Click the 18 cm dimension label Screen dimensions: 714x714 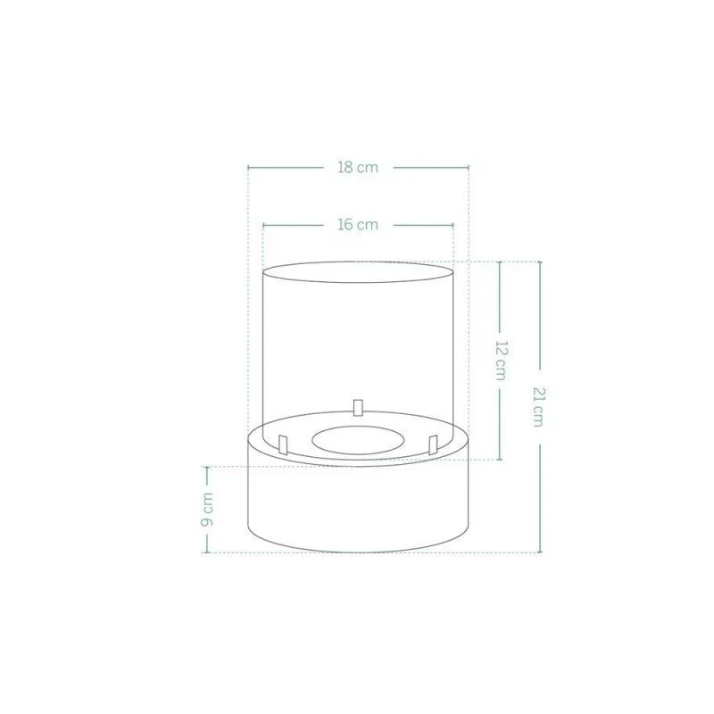tap(358, 168)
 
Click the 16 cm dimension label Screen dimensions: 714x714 tap(358, 225)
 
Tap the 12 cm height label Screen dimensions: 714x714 tap(501, 361)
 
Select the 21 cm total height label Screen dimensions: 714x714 tap(539, 407)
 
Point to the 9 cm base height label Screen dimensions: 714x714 tap(207, 509)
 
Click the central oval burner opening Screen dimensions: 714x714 tap(358, 440)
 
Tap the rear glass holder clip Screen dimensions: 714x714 tap(358, 408)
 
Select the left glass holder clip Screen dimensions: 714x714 tap(283, 444)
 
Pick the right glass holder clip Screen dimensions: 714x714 tap(433, 444)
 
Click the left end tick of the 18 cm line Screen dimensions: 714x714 tap(248, 168)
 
